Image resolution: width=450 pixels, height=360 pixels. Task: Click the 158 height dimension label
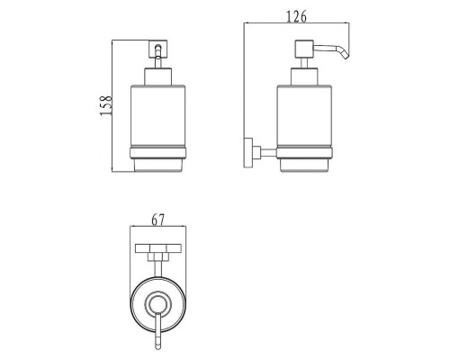click(x=105, y=105)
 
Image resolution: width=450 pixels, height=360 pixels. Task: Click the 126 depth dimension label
click(x=297, y=16)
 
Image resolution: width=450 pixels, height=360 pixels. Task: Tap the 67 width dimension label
click(x=157, y=220)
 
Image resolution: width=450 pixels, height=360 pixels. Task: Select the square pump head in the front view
click(x=158, y=49)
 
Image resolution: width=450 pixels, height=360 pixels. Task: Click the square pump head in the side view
click(x=304, y=49)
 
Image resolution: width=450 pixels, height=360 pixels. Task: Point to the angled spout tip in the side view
click(x=346, y=56)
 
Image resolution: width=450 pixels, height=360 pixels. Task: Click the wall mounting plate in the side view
click(x=248, y=152)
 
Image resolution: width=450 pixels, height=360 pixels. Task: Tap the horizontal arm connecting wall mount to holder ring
click(x=268, y=153)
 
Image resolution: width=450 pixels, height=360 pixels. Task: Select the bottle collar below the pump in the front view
click(x=158, y=76)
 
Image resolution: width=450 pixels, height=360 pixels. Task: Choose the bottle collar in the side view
click(x=304, y=76)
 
